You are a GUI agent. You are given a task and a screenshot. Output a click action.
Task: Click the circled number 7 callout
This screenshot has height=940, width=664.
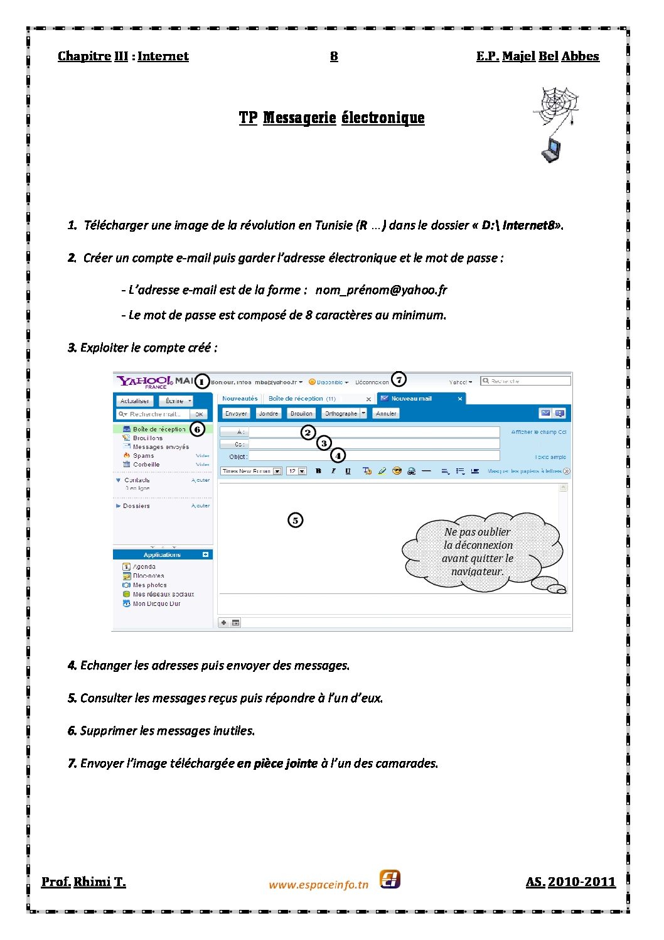click(399, 379)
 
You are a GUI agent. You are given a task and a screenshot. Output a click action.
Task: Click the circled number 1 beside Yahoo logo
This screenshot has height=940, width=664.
click(201, 381)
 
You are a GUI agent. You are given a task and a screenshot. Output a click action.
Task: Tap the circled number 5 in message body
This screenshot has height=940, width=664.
click(295, 520)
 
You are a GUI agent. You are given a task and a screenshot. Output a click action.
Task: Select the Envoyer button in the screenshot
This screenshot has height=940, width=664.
click(236, 413)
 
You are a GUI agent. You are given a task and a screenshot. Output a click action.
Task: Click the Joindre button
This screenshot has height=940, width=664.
click(269, 413)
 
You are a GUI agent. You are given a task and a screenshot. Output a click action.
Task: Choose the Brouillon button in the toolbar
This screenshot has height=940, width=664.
click(301, 413)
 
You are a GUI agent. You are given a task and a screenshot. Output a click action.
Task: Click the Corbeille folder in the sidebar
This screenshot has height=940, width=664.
click(146, 465)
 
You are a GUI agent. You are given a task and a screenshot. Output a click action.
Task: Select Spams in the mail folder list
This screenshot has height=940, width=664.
click(143, 456)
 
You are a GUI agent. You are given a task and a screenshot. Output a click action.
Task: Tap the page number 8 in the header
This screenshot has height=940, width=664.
click(334, 57)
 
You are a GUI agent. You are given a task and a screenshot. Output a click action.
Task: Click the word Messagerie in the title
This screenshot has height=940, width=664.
click(299, 118)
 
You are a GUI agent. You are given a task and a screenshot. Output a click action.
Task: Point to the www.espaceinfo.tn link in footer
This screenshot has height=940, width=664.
click(318, 885)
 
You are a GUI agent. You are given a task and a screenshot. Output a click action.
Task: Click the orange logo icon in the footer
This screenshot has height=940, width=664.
click(390, 880)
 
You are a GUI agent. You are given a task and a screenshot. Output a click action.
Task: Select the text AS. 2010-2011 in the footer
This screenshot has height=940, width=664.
click(570, 882)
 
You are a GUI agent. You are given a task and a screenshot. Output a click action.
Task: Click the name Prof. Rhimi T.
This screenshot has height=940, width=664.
click(83, 882)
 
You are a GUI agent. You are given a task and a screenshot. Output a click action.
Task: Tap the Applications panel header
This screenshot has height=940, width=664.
click(162, 554)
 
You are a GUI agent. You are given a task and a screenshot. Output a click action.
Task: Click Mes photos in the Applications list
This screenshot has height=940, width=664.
click(149, 585)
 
